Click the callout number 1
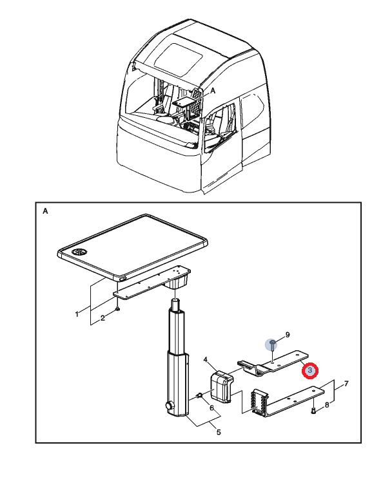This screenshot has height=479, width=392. (x=77, y=314)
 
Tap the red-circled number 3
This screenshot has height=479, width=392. (x=310, y=371)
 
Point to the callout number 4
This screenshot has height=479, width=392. (x=205, y=360)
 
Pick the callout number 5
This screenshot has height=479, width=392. (x=218, y=432)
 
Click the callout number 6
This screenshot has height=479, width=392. (x=211, y=408)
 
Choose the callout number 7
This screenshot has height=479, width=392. (x=346, y=384)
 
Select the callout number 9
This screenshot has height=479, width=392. (x=288, y=335)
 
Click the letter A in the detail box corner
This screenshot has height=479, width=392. (x=45, y=211)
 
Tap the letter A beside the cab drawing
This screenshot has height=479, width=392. (x=213, y=92)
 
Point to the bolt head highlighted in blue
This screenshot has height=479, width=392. (x=273, y=343)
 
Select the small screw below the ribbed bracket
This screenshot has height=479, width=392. (x=313, y=409)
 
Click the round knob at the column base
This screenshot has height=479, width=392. (x=170, y=407)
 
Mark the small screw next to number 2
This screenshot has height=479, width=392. (x=117, y=308)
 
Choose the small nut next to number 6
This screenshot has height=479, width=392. (x=200, y=395)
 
